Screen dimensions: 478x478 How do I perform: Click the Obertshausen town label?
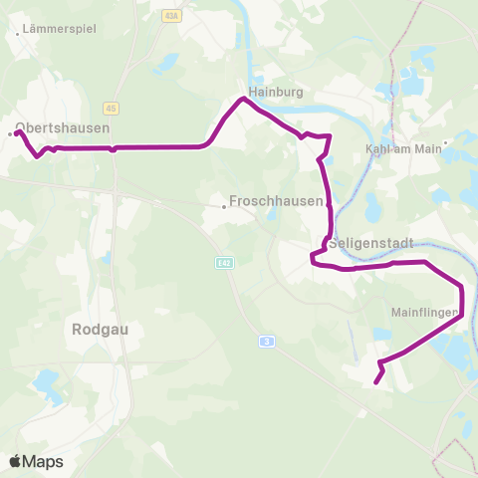(x=63, y=128)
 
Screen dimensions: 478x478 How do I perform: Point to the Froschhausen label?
(x=277, y=200)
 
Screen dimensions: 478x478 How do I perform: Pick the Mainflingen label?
(x=424, y=313)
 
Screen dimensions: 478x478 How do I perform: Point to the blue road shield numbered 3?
(x=267, y=342)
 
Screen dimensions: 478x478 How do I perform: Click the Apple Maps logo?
(x=36, y=461)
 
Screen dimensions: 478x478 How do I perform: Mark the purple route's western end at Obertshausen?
(x=17, y=131)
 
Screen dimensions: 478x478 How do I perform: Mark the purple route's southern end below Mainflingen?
(x=375, y=381)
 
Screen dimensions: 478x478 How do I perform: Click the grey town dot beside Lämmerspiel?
(x=19, y=33)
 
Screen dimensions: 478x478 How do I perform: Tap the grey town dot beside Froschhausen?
(x=224, y=207)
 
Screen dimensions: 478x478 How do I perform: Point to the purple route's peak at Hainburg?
(x=241, y=99)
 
